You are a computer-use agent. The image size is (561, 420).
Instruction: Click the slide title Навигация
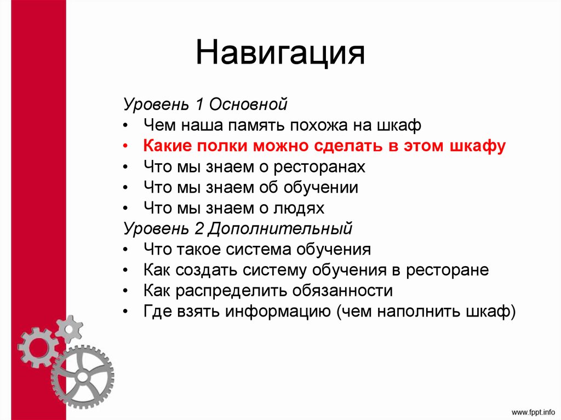pyautogui.click(x=280, y=54)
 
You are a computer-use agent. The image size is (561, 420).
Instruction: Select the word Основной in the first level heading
pyautogui.click(x=256, y=104)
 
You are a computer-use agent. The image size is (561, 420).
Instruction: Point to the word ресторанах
pyautogui.click(x=319, y=167)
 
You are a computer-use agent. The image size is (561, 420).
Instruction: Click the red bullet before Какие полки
pyautogui.click(x=127, y=147)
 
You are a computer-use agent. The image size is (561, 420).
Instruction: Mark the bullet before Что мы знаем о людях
pyautogui.click(x=127, y=209)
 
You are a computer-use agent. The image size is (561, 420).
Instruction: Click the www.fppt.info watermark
pyautogui.click(x=532, y=411)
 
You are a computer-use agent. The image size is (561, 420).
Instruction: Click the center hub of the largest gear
pyautogui.click(x=82, y=377)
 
